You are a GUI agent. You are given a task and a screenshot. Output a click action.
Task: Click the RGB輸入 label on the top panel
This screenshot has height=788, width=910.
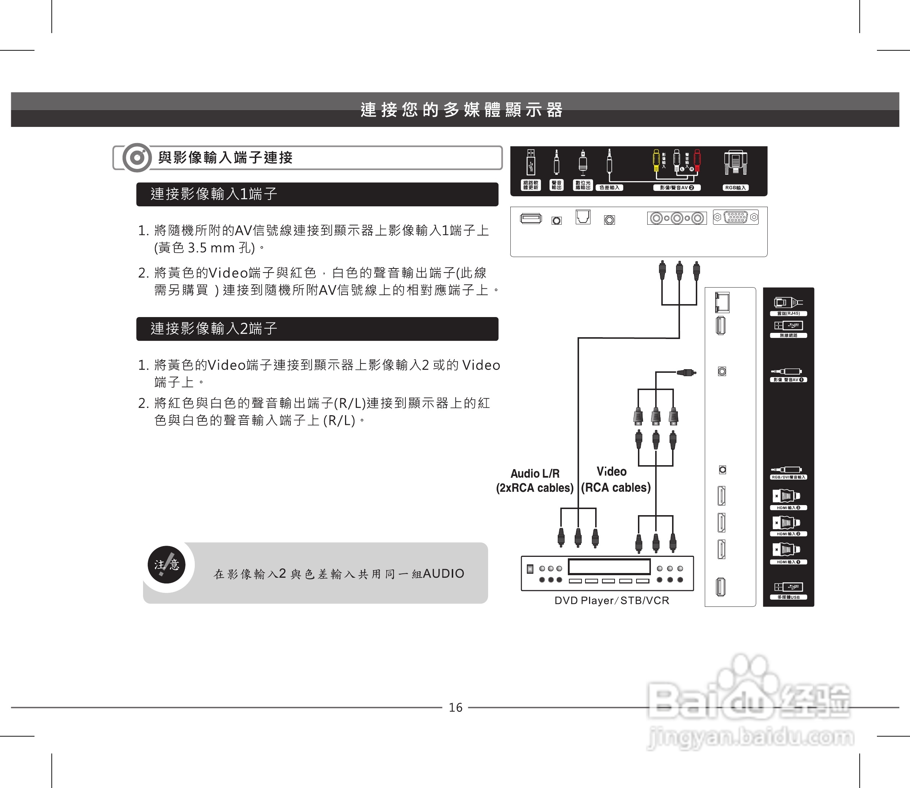coord(735,188)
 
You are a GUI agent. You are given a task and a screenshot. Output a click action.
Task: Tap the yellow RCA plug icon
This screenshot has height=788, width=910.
coord(656,160)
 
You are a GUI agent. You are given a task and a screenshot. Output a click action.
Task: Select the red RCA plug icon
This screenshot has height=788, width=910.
coord(697,160)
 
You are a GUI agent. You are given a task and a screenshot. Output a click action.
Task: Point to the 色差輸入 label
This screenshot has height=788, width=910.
coord(609,188)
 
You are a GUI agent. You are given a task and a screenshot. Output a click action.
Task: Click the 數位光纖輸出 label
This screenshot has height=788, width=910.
coord(583,185)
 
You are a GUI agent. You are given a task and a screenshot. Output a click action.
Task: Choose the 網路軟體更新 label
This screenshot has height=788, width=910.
coord(530,185)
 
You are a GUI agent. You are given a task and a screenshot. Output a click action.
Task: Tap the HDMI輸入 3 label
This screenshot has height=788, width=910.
coord(788,508)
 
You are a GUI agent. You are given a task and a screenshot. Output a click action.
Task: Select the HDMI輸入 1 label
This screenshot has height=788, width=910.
coord(788,562)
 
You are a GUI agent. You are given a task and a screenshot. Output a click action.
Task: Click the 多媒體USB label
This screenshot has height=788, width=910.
coord(788,597)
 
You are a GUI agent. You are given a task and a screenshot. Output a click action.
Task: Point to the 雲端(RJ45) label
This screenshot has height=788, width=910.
coord(788,313)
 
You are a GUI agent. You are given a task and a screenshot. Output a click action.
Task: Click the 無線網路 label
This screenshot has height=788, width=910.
coord(788,335)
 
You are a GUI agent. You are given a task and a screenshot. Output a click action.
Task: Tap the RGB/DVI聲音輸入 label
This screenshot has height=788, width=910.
coord(788,477)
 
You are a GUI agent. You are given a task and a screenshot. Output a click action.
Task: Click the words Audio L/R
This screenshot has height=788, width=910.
coord(535,473)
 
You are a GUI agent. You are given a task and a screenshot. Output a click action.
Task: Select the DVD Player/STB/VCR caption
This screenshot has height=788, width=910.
coord(611,601)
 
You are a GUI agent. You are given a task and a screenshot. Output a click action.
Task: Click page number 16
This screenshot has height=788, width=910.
coord(455,707)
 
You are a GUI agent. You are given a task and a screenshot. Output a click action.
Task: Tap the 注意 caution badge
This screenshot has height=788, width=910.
coord(167,565)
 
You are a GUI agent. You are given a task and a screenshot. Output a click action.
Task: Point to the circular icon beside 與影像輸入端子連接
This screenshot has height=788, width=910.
coord(137,157)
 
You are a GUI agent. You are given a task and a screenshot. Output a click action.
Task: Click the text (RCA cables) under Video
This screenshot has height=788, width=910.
coord(615,488)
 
